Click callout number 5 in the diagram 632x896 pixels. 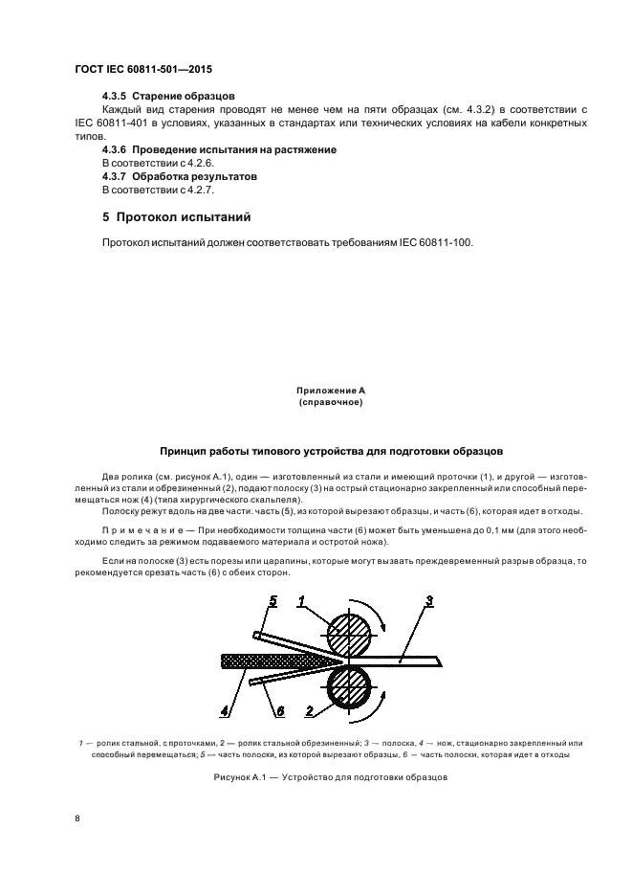tap(272, 601)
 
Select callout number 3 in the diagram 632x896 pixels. tap(429, 601)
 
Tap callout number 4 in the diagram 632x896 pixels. tap(226, 710)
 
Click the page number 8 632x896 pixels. tap(76, 818)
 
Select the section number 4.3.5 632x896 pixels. tap(115, 98)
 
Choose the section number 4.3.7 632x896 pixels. tap(115, 177)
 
